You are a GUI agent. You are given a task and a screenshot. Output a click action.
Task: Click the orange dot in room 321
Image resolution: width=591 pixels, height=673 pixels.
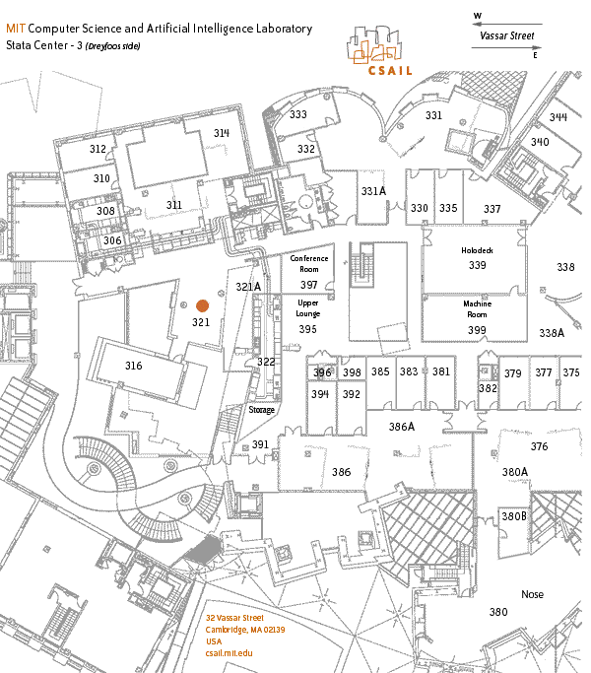(202, 306)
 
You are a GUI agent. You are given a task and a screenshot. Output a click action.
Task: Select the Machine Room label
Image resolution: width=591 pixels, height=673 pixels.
(478, 309)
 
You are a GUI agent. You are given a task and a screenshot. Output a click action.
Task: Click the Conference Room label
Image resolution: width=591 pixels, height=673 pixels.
(309, 264)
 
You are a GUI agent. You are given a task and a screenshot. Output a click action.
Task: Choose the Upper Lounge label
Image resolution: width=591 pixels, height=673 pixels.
(308, 308)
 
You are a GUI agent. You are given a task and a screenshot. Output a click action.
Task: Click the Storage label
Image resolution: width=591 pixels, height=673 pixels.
(261, 410)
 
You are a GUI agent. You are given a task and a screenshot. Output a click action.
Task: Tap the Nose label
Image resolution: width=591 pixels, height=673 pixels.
(532, 594)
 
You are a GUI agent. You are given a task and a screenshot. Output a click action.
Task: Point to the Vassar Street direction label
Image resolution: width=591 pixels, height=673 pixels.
(506, 36)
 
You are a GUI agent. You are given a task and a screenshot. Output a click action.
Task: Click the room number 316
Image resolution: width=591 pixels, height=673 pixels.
(134, 366)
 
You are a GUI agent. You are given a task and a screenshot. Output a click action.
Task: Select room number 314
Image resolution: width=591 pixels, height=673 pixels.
(221, 133)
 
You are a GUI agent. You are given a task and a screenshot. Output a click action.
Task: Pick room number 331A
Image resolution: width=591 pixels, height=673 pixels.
(373, 191)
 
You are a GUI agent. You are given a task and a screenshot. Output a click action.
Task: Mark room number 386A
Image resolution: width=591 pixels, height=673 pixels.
(402, 427)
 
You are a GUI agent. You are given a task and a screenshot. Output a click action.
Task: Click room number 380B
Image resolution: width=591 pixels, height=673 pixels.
(514, 516)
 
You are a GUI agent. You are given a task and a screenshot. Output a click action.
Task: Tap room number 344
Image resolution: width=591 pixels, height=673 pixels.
(558, 117)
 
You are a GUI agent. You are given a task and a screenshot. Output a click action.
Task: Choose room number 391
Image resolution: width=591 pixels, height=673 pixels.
(260, 444)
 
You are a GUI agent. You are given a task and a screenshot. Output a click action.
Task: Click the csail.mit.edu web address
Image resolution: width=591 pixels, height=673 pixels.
(230, 653)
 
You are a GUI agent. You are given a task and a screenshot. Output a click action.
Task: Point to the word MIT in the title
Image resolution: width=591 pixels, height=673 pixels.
(15, 29)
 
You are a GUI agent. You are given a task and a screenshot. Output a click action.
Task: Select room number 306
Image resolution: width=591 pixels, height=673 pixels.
(112, 240)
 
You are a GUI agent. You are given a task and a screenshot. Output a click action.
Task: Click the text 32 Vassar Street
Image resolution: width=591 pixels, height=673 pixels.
(234, 617)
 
